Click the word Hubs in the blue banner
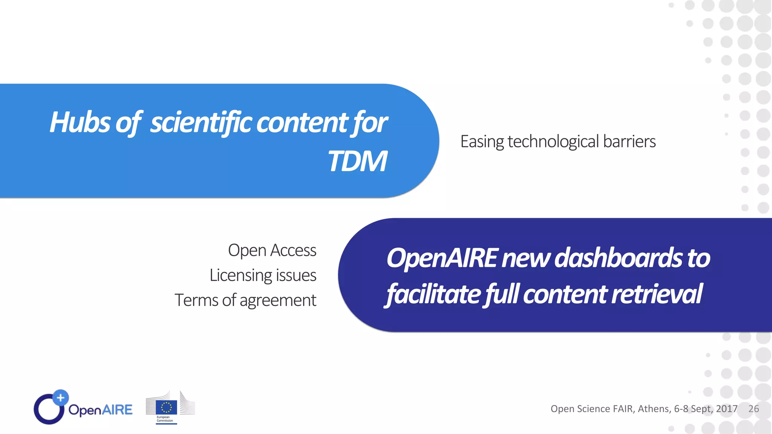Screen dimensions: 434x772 [x=80, y=122]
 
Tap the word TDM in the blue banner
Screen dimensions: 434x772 [x=357, y=161]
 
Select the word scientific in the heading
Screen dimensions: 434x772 [x=201, y=122]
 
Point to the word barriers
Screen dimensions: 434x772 [x=629, y=142]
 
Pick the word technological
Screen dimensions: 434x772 [x=553, y=142]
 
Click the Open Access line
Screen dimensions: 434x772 [x=272, y=251]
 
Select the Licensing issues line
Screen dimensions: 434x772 [x=263, y=275]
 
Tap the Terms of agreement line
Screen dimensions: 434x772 [x=245, y=300]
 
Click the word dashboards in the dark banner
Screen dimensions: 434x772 [x=618, y=258]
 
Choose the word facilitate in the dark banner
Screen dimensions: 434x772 [x=433, y=294]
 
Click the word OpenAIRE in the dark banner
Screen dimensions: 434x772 [x=442, y=258]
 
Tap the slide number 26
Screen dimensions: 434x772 [x=754, y=409]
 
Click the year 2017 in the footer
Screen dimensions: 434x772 [x=726, y=409]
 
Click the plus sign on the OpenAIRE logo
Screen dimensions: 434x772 [x=60, y=397]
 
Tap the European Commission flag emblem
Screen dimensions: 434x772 [x=166, y=407]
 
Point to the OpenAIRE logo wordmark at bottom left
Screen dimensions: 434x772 [x=100, y=410]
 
